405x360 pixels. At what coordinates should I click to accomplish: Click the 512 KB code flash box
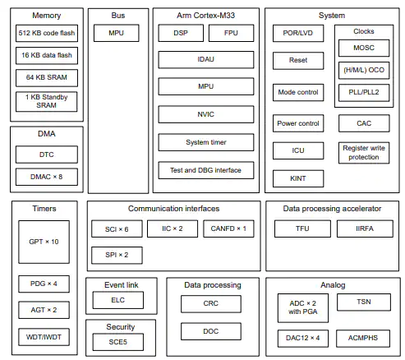[47, 33]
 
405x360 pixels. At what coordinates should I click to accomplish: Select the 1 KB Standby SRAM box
[47, 102]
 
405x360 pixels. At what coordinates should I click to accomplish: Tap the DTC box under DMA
[47, 155]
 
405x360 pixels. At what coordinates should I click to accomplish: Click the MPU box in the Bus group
[117, 33]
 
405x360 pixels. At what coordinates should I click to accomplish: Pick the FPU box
[231, 33]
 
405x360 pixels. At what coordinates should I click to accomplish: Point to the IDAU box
[206, 60]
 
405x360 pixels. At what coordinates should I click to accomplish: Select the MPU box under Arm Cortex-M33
[206, 86]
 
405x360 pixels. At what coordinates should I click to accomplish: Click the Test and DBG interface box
[206, 170]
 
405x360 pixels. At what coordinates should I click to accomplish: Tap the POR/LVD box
[298, 33]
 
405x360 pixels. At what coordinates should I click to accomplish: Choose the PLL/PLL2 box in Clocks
[364, 93]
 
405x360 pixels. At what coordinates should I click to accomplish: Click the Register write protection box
[364, 153]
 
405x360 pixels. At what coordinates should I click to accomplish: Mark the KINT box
[298, 178]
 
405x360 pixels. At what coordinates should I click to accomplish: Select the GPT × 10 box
[44, 242]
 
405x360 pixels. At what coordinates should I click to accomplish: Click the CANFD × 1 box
[228, 228]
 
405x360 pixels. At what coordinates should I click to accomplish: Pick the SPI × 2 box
[117, 256]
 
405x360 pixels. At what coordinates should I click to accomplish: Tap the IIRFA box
[365, 228]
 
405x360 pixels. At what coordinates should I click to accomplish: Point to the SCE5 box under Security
[118, 342]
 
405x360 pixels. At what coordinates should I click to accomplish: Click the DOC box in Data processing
[211, 331]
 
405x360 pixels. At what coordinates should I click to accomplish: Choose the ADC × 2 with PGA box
[303, 308]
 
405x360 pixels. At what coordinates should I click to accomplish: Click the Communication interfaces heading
[174, 209]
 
